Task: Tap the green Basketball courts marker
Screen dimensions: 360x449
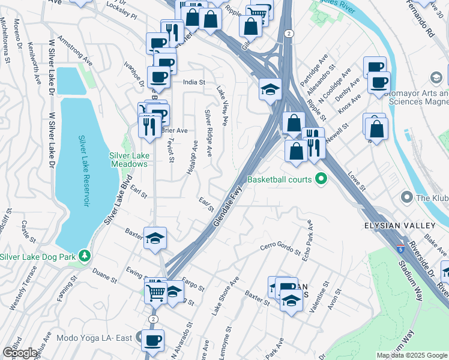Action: coord(321,179)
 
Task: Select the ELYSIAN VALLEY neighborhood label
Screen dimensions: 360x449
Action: coord(399,225)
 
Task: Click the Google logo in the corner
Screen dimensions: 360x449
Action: coord(20,352)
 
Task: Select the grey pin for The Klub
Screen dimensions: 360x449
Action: coord(406,197)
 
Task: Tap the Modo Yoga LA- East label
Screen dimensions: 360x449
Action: coord(94,338)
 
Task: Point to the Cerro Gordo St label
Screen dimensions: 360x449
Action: coord(280,247)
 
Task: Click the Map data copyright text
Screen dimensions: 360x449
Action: coord(412,355)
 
